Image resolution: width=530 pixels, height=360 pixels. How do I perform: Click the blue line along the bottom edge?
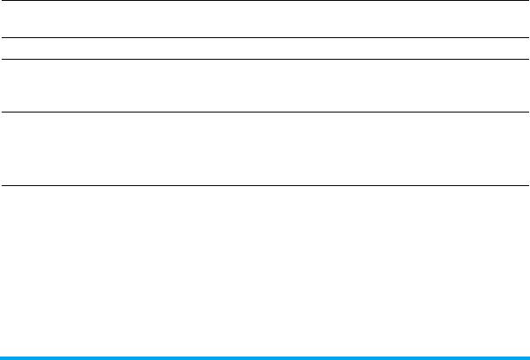(265, 357)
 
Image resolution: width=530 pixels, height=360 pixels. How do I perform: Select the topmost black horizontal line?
(265, 1)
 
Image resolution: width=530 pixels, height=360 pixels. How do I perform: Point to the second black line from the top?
(265, 37)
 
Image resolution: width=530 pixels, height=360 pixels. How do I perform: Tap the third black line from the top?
(265, 59)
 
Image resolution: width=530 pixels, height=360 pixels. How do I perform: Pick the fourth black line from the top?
(265, 112)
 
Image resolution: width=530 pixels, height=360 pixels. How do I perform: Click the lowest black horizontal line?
(265, 185)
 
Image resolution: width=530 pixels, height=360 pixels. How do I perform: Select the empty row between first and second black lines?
(265, 19)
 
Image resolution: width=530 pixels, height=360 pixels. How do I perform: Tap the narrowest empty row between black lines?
(265, 48)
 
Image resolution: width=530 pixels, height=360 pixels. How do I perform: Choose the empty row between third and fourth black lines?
(265, 85)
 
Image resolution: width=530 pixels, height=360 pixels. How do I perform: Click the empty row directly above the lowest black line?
(265, 148)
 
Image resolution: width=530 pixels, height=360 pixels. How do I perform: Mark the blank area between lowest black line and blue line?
(265, 270)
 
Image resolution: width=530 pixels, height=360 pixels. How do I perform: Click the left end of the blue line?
(2, 357)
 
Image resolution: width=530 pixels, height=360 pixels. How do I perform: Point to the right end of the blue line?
(527, 357)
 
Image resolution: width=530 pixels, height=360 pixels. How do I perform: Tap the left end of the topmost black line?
(2, 1)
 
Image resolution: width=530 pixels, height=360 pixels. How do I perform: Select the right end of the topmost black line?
(527, 1)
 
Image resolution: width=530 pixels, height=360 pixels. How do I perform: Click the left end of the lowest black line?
(2, 185)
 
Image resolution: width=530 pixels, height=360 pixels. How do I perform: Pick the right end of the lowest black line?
(527, 185)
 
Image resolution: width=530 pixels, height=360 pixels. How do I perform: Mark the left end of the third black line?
(2, 59)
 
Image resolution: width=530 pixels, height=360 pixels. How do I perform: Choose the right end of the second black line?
(527, 37)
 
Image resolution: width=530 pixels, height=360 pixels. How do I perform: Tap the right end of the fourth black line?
(527, 112)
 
